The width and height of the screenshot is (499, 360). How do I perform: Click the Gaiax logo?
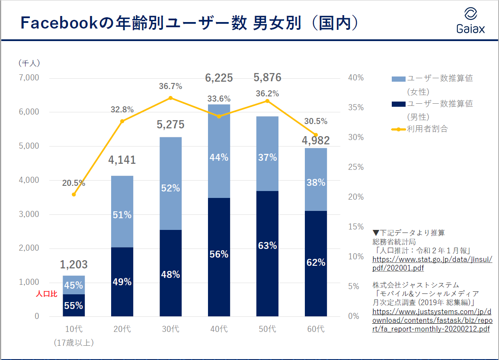[x=470, y=20]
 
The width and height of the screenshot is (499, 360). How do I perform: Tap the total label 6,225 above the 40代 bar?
[x=219, y=78]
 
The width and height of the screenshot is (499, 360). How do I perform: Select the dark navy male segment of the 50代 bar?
[x=267, y=253]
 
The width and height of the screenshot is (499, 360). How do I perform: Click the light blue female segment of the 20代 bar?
[x=122, y=211]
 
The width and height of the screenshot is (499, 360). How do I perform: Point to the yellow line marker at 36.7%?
[x=170, y=98]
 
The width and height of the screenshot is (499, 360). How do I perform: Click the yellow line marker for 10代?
[x=74, y=194]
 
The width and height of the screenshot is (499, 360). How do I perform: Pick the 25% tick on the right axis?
[x=356, y=167]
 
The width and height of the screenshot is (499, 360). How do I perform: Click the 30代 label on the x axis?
[x=170, y=329]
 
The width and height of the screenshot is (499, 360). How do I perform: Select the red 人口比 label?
[x=46, y=294]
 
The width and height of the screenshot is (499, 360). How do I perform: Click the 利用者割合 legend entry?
[x=427, y=129]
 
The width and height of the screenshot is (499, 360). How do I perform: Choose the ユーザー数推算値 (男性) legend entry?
[x=439, y=104]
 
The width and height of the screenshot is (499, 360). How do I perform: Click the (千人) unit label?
[x=29, y=63]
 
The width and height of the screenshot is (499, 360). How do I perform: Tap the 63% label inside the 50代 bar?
[x=267, y=246]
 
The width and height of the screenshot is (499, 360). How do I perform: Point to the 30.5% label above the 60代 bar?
[x=316, y=121]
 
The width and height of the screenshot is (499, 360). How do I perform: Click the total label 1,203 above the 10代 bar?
[x=74, y=264]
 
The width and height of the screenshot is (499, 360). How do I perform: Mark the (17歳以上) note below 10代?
[x=74, y=343]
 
